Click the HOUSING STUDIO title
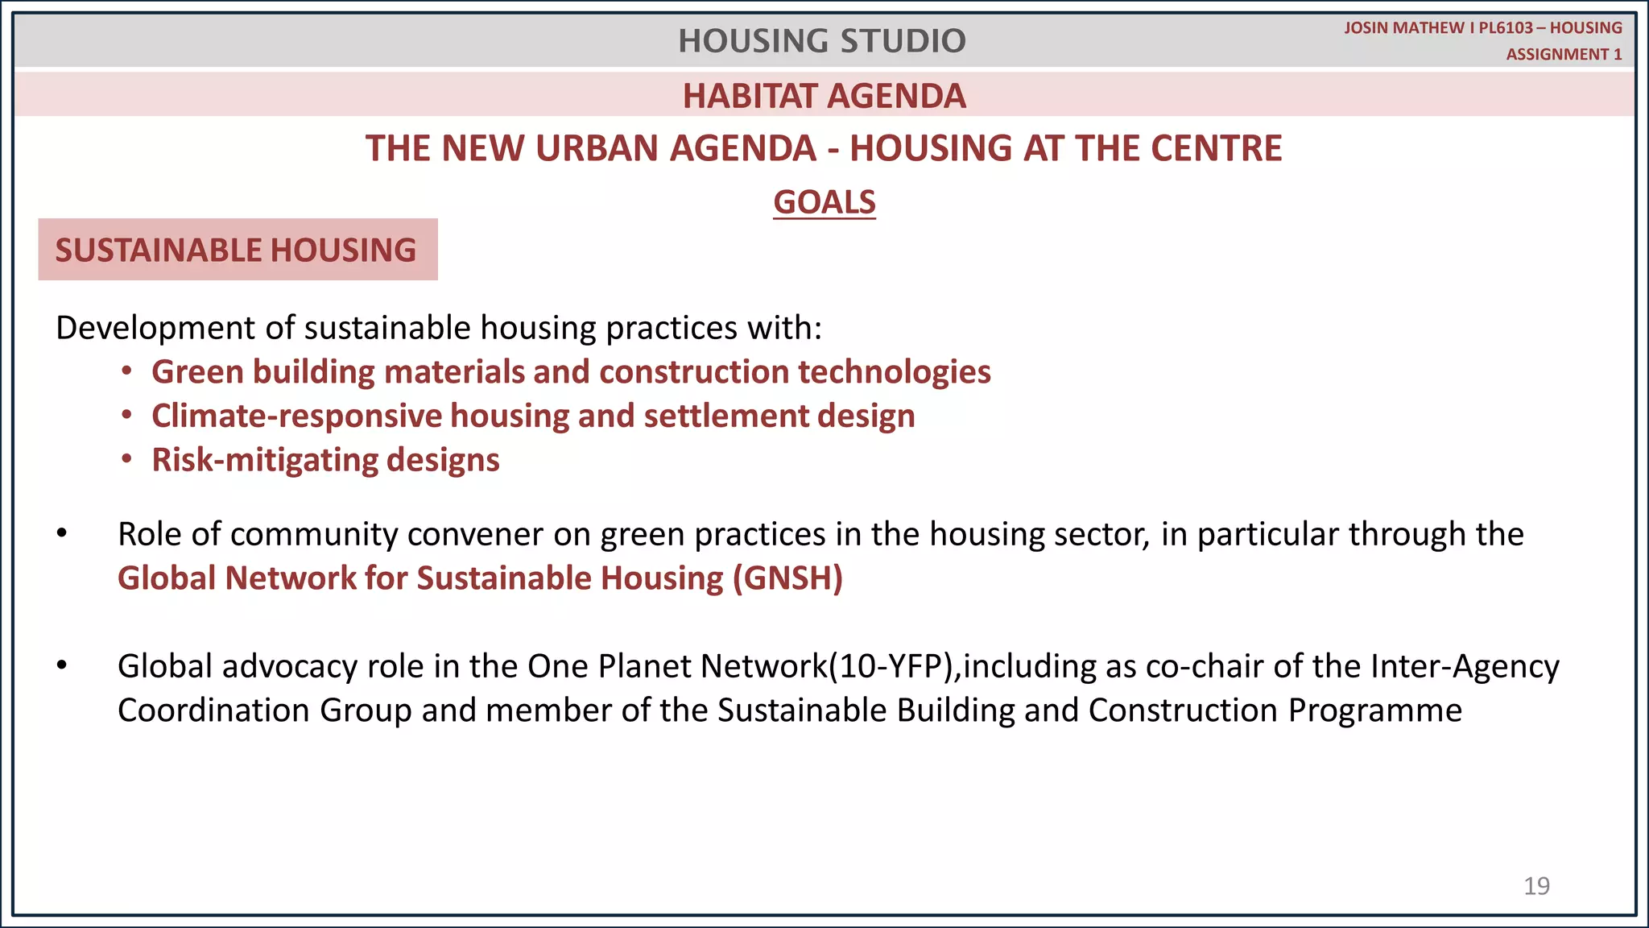(x=821, y=41)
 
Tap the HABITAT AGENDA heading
(x=824, y=97)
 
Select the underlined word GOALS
(x=824, y=202)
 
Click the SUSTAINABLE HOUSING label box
(x=238, y=250)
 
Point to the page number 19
(x=1536, y=886)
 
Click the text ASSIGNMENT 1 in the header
(x=1564, y=55)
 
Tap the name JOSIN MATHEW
(x=1403, y=28)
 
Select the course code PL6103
(x=1506, y=28)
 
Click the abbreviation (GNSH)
(x=787, y=578)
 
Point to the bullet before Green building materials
(x=126, y=371)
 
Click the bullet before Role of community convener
(x=62, y=534)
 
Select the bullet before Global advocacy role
(x=62, y=666)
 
